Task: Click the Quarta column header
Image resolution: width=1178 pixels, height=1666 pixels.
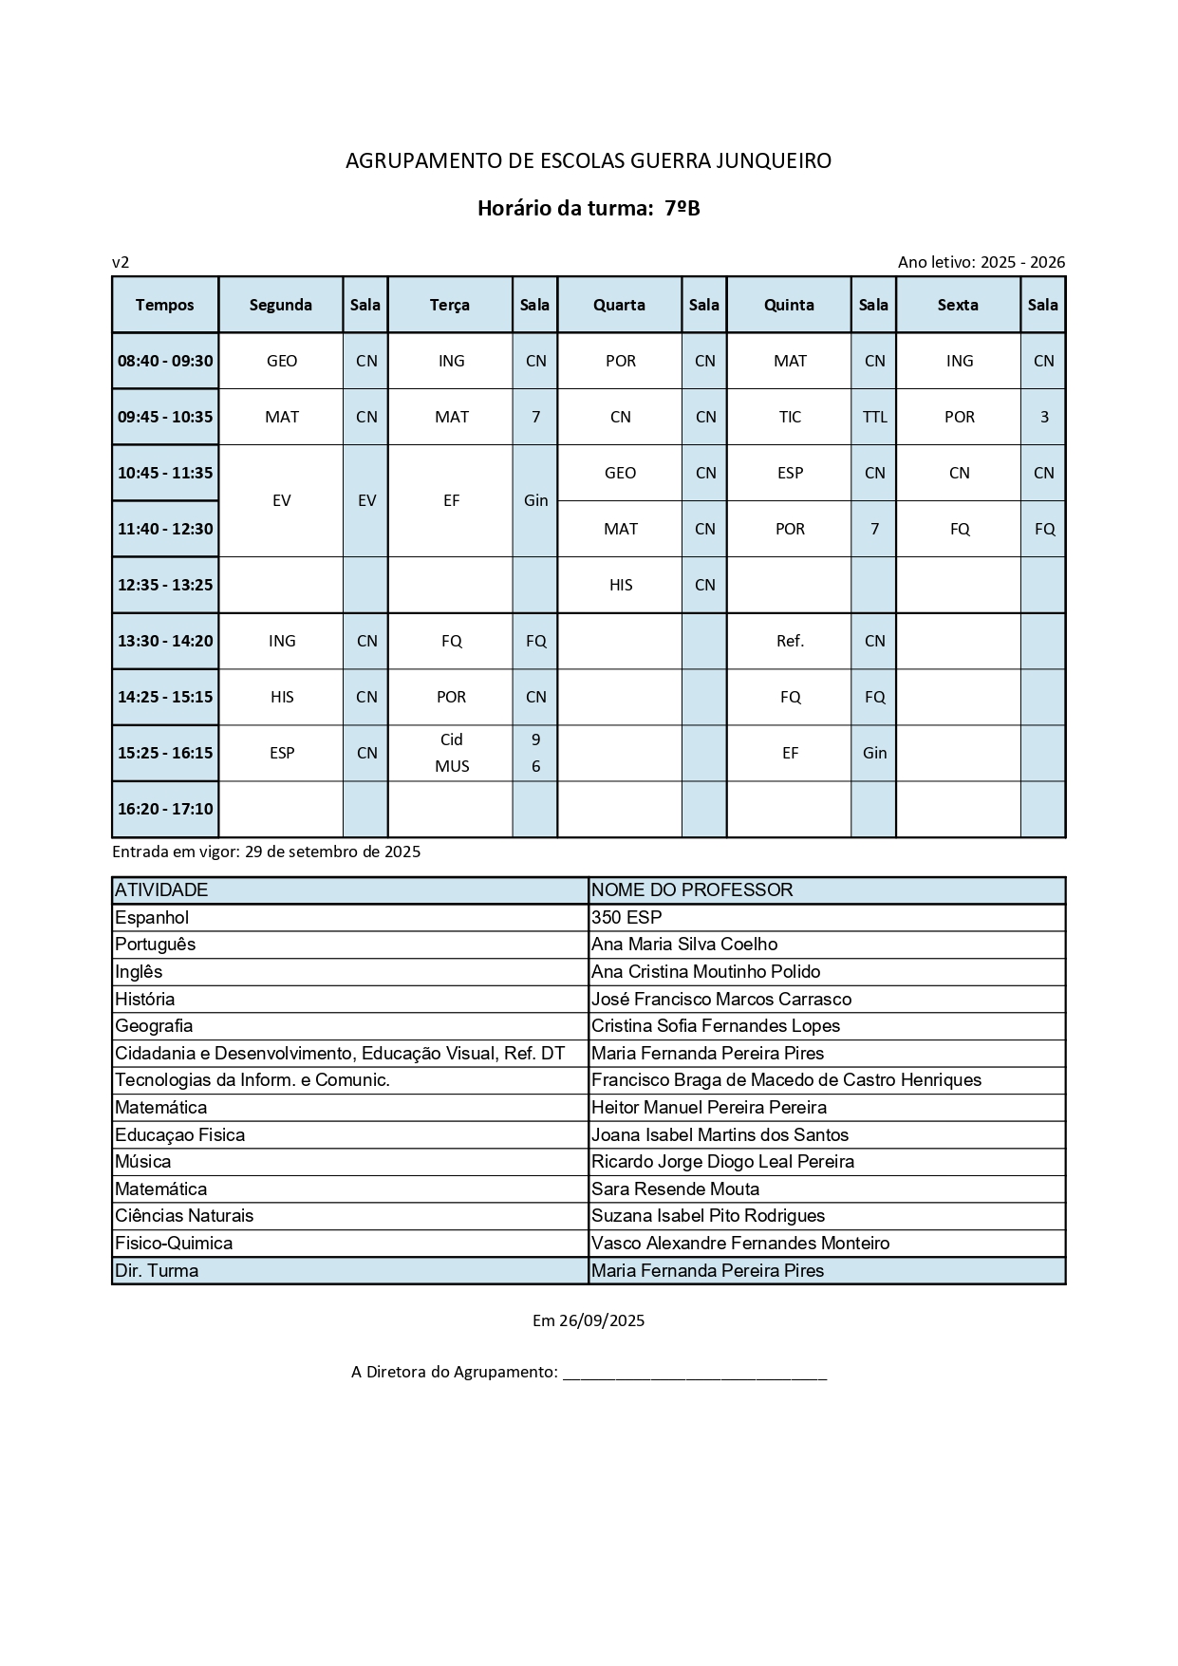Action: tap(619, 305)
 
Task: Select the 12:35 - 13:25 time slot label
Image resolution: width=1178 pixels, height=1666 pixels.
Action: tap(165, 585)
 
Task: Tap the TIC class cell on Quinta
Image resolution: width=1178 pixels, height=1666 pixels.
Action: tap(790, 417)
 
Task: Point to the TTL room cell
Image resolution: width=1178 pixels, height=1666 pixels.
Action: tap(874, 417)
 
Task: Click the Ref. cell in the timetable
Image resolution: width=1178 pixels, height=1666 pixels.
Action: tap(790, 641)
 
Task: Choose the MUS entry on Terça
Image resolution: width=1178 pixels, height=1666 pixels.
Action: tap(452, 766)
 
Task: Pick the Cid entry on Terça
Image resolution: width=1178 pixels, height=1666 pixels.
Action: tap(452, 739)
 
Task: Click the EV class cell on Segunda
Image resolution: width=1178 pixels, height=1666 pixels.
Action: tap(281, 500)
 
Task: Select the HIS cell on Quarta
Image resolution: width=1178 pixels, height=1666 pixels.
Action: tap(621, 585)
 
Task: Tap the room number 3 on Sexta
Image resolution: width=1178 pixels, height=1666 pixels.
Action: tap(1044, 417)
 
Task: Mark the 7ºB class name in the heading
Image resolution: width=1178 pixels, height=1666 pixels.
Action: tap(682, 208)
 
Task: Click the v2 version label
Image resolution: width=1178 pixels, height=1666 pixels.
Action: tap(121, 262)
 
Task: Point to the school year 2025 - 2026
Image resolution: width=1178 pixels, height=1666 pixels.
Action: tap(1022, 262)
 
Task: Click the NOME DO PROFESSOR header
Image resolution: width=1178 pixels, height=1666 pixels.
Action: tap(692, 890)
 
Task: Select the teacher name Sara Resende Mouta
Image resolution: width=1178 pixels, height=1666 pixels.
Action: tap(675, 1189)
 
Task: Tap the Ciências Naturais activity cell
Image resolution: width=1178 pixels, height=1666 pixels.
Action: tap(184, 1216)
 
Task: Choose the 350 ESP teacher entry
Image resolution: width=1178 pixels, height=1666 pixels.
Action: tap(626, 917)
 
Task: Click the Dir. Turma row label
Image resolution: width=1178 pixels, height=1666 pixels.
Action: tap(157, 1270)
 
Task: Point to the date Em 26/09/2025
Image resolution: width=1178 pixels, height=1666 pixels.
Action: tap(589, 1320)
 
